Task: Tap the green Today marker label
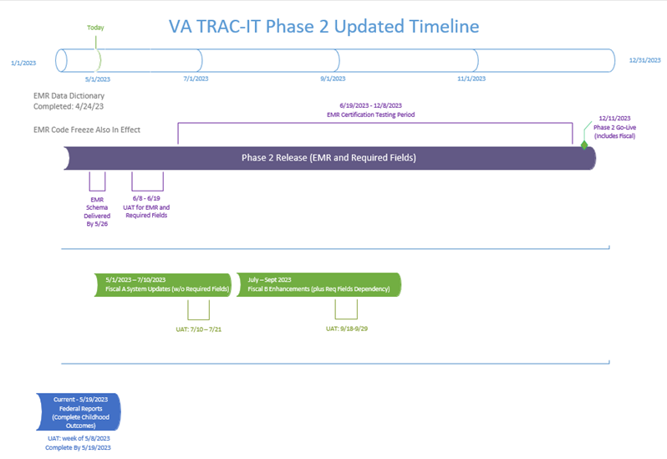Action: click(x=96, y=28)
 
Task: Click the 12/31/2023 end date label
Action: click(x=645, y=60)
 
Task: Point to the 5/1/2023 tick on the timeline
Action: click(x=98, y=79)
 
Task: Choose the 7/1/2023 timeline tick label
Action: click(x=198, y=79)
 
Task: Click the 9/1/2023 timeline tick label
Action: click(x=335, y=79)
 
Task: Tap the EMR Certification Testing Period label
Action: click(x=370, y=110)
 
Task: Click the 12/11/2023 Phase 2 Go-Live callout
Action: click(x=614, y=127)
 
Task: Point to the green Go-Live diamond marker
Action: click(x=584, y=145)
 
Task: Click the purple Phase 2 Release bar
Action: click(x=328, y=157)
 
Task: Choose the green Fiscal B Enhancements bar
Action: click(x=318, y=284)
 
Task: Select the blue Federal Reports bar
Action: click(x=80, y=412)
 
